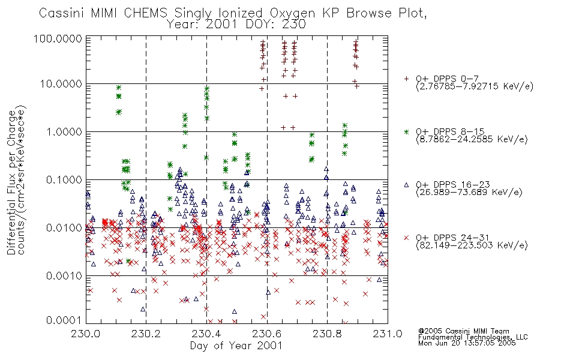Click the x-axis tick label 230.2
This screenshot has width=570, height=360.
[x=146, y=334]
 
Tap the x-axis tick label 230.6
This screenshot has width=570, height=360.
[x=267, y=334]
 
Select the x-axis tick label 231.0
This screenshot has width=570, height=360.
[x=388, y=334]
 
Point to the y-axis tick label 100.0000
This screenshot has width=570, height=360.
[x=58, y=38]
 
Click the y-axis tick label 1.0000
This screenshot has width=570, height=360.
[x=64, y=131]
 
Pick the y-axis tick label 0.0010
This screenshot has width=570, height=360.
[x=64, y=276]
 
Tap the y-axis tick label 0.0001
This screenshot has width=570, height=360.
[x=64, y=320]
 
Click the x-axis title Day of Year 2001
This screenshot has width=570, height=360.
[x=236, y=346]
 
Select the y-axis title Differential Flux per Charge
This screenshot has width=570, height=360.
[x=11, y=182]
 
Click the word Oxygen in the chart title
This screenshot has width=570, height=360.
[x=293, y=13]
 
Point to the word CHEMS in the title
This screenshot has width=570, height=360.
[x=145, y=13]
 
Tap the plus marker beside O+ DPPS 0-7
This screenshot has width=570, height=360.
[x=406, y=79]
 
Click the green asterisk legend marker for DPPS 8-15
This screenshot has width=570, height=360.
[x=406, y=131]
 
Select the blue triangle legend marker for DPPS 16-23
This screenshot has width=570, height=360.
[x=406, y=185]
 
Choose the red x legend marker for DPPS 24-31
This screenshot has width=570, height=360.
[x=406, y=238]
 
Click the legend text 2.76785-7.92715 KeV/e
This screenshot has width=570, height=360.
[x=475, y=86]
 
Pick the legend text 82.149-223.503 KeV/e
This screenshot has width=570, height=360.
[x=472, y=245]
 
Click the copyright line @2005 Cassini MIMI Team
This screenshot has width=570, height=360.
[x=464, y=331]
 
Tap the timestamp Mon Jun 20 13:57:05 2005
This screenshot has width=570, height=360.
[x=467, y=343]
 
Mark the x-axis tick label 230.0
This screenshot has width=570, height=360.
[x=86, y=334]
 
